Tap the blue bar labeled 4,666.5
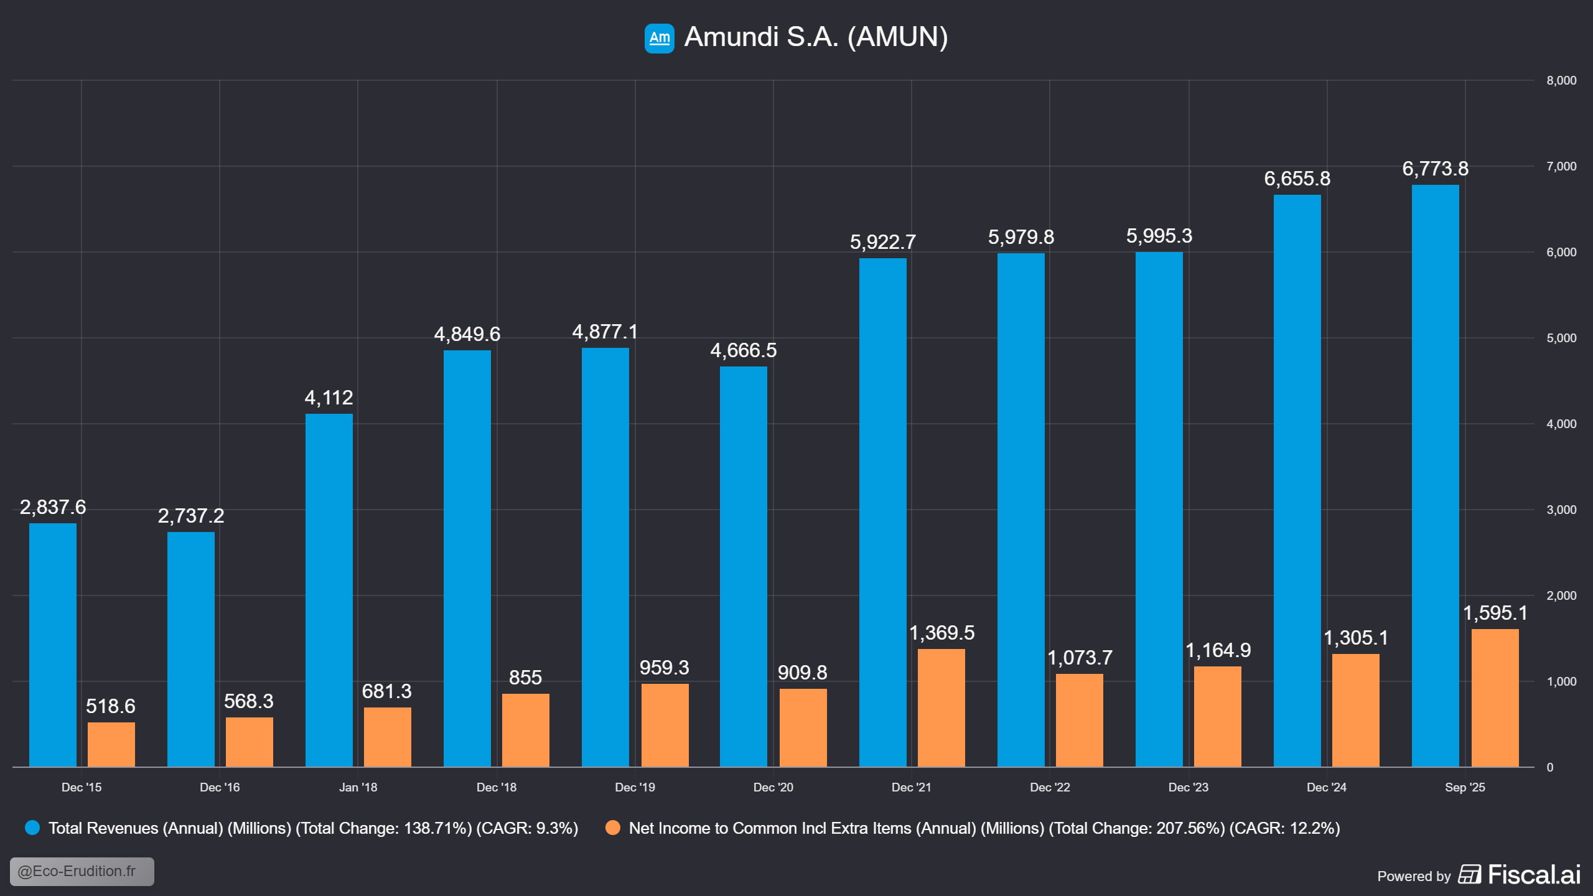pyautogui.click(x=744, y=566)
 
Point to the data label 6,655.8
pyautogui.click(x=1297, y=179)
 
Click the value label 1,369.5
pyautogui.click(x=941, y=633)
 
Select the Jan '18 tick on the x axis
pyautogui.click(x=358, y=787)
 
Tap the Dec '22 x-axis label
pyautogui.click(x=1050, y=787)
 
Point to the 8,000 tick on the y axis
pyautogui.click(x=1561, y=80)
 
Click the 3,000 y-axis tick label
pyautogui.click(x=1561, y=510)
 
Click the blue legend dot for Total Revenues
pyautogui.click(x=32, y=828)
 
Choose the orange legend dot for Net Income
pyautogui.click(x=613, y=828)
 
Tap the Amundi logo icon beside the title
pyautogui.click(x=659, y=38)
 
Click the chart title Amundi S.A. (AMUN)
pyautogui.click(x=816, y=37)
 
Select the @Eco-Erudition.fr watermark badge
pyautogui.click(x=82, y=871)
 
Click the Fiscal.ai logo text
pyautogui.click(x=1534, y=875)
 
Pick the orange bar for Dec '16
pyautogui.click(x=249, y=742)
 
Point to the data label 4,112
pyautogui.click(x=329, y=398)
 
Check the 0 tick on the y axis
pyautogui.click(x=1550, y=767)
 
